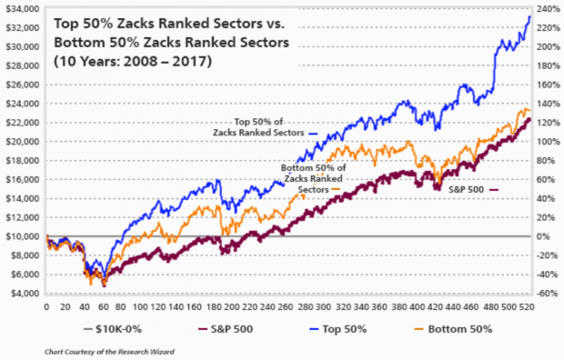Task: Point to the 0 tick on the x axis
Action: tap(46, 306)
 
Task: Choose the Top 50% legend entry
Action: tap(336, 327)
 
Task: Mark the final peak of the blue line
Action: tap(530, 15)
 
